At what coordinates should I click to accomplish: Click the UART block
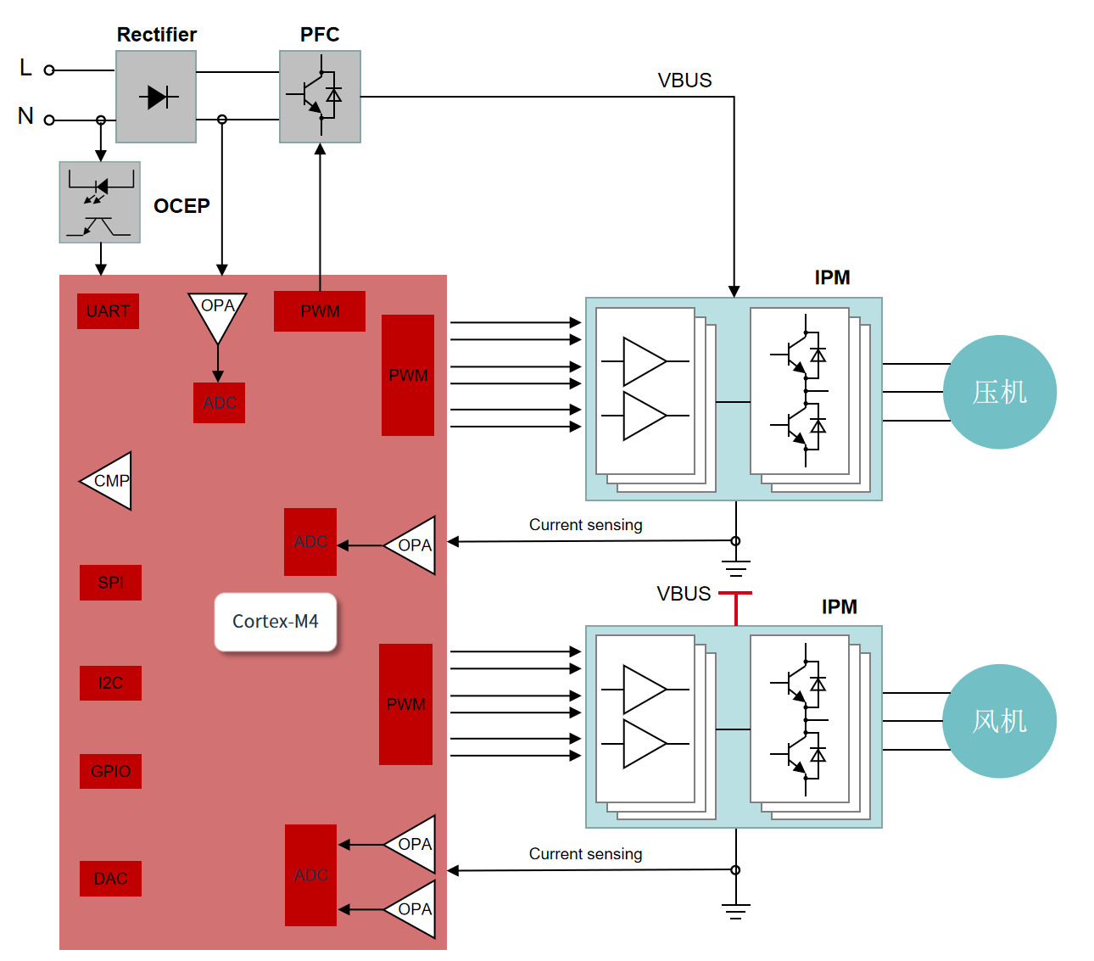click(x=108, y=310)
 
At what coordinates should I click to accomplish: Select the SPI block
click(x=111, y=583)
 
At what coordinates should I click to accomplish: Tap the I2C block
click(x=111, y=683)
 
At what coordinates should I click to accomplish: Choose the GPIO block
click(x=111, y=771)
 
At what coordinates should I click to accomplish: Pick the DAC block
click(x=111, y=879)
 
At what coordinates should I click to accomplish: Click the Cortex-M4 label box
click(x=276, y=622)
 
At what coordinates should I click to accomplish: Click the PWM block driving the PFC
click(x=320, y=310)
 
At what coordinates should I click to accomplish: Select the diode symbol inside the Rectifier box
click(x=159, y=98)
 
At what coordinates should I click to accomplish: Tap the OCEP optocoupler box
click(x=100, y=202)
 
